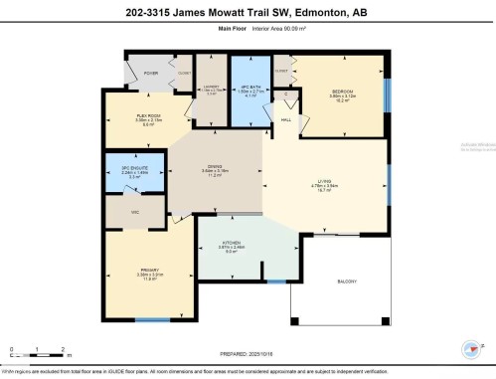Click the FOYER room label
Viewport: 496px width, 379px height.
[x=151, y=74]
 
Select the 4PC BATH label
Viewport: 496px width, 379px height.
[x=246, y=88]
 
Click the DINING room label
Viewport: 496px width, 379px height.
[x=214, y=166]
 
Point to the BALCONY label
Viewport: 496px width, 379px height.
[x=348, y=282]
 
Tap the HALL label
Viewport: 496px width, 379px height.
[x=285, y=119]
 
